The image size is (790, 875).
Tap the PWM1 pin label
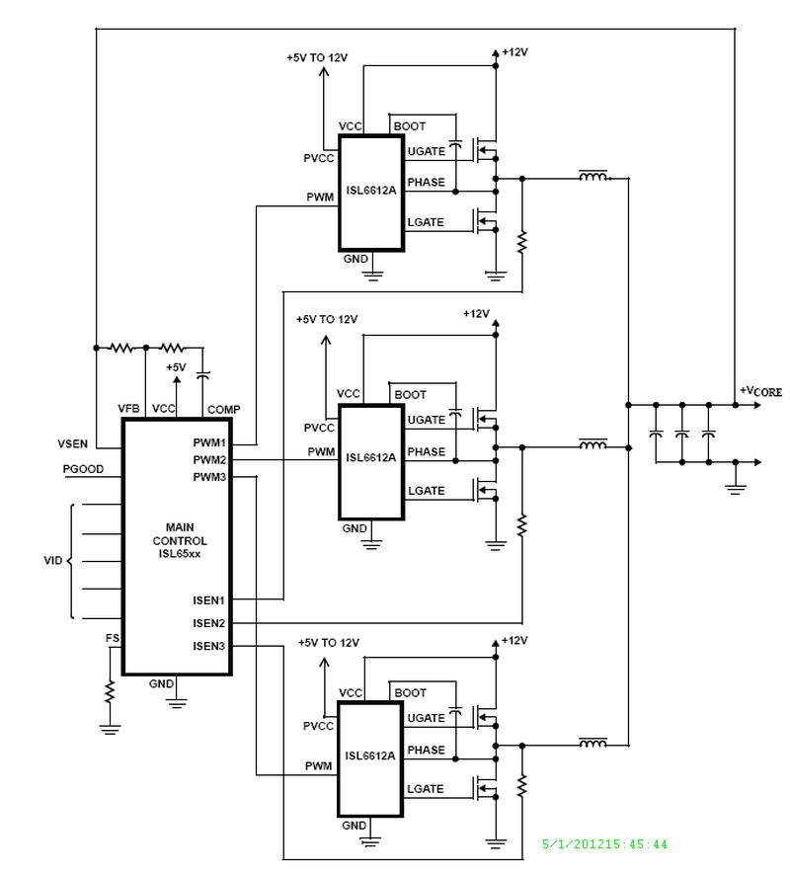pos(209,443)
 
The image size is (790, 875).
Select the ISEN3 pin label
pos(209,646)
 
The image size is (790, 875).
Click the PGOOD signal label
pos(81,468)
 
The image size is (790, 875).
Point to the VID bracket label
pos(53,560)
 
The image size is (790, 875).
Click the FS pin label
pos(113,639)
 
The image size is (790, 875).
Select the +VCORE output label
pos(759,392)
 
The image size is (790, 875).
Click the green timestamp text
pos(605,844)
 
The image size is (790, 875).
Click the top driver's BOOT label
pos(410,126)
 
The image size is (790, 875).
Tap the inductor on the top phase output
pos(592,178)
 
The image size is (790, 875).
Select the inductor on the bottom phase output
pos(592,743)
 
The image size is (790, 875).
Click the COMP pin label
pos(223,409)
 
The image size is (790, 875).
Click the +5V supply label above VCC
pos(175,366)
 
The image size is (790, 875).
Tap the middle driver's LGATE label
pos(426,491)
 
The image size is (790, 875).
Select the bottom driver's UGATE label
pos(426,718)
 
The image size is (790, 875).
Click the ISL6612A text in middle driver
pos(370,457)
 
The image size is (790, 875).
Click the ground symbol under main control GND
pos(177,703)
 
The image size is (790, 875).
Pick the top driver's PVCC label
pos(320,158)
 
